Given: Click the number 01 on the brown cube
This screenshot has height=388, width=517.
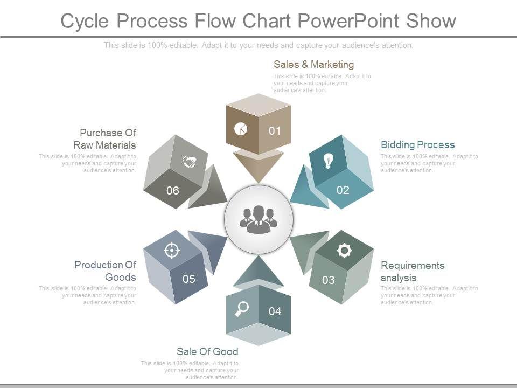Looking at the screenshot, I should coord(275,130).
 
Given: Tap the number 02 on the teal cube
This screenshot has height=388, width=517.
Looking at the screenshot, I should coord(343,190).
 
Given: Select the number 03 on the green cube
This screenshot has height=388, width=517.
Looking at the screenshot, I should coord(329,280).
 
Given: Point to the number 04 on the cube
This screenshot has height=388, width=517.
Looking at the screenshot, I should coord(275,311).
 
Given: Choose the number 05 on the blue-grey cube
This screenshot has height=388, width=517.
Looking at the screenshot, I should coord(188,279).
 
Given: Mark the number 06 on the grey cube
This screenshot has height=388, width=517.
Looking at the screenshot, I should coord(172,190).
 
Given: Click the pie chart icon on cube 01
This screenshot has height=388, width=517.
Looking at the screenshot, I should coord(241,128).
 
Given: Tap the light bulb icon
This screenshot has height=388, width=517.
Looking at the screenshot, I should coord(328,160).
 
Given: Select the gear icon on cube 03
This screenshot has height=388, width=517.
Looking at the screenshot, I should coord(344,250).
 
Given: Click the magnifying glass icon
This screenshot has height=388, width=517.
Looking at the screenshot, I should coord(242,308).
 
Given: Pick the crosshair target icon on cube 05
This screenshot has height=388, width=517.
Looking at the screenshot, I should coord(172,250).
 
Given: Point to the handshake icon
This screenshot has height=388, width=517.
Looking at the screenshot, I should coord(188,162).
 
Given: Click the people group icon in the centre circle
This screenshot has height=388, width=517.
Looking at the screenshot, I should coord(258,219).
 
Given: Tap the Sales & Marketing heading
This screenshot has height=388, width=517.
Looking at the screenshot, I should coord(313,65).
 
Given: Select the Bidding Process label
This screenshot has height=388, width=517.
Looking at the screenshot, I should coord(417,144).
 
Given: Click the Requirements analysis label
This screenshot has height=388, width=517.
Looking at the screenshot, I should coord(413,272).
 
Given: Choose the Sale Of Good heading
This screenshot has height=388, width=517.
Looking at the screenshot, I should coord(207,351).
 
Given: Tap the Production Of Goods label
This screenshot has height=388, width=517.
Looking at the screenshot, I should coord(105,271).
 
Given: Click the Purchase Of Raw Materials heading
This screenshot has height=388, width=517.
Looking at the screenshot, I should coord(108,139).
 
